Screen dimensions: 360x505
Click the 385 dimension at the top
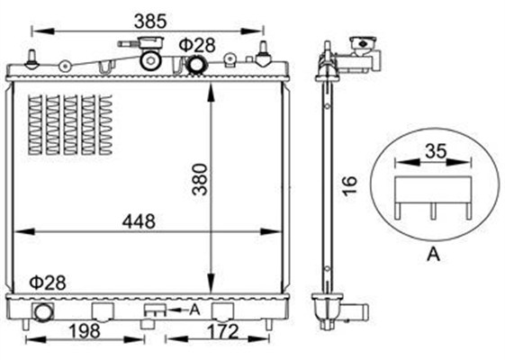point(149,18)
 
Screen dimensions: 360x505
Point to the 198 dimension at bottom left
point(86,331)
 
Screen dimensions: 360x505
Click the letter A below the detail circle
point(432,255)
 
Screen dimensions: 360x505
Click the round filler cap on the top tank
point(151,60)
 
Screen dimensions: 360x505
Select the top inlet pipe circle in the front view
point(194,64)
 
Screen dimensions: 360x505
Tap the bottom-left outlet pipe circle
point(42,312)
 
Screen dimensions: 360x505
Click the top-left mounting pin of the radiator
point(32,59)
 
